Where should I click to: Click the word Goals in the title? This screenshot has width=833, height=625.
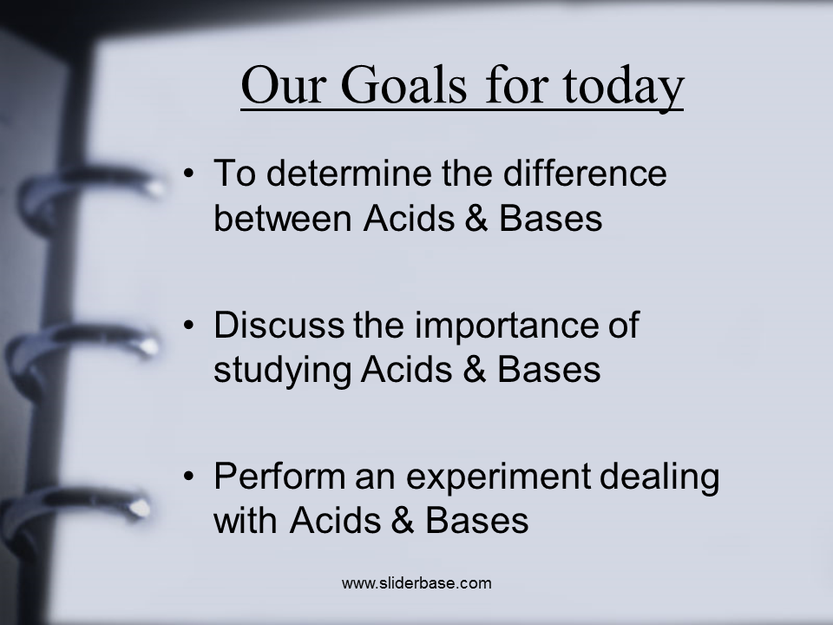click(x=403, y=85)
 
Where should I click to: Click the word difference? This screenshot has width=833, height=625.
click(x=585, y=173)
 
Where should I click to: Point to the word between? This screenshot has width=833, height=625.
click(x=283, y=218)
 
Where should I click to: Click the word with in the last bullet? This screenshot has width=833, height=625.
click(x=246, y=520)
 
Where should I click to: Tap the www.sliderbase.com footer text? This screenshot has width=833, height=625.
click(x=416, y=583)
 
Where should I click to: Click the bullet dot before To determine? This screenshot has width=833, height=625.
click(x=189, y=174)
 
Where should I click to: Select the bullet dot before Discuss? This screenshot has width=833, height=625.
click(x=189, y=326)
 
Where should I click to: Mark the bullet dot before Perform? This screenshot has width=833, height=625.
click(x=189, y=477)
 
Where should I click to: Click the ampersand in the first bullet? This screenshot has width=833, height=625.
click(x=476, y=218)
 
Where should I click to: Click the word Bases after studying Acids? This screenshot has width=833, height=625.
click(x=548, y=370)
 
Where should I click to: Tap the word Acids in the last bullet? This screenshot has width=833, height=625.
click(x=336, y=520)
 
